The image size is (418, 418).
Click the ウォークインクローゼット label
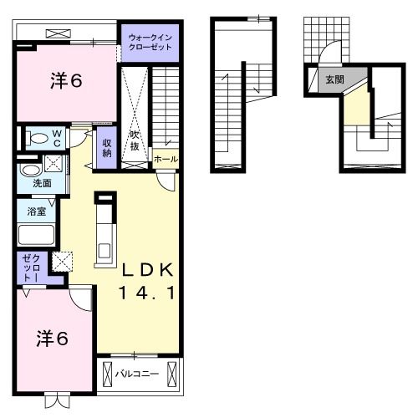[150, 42]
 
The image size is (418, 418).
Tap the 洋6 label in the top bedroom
[65, 81]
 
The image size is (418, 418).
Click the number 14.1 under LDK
[147, 293]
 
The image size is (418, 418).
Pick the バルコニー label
[137, 373]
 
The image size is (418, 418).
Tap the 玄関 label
[334, 81]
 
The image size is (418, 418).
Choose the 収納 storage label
[107, 149]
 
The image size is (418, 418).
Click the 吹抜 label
[134, 140]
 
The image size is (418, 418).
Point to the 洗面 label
[43, 181]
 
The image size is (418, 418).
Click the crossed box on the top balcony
[59, 33]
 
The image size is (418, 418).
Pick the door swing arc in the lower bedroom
[79, 297]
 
